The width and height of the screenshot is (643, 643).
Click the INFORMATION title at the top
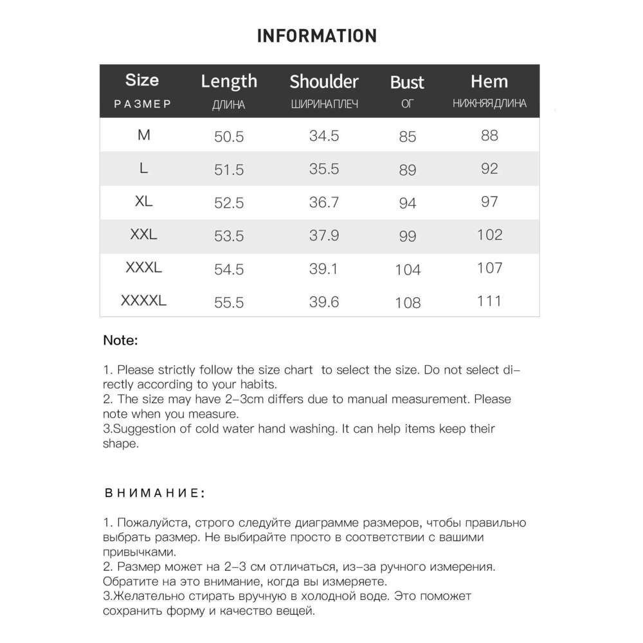(316, 35)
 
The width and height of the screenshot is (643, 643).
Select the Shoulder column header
(323, 82)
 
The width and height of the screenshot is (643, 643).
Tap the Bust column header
(407, 82)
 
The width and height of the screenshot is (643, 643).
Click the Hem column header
(489, 82)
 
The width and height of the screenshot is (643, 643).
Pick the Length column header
(229, 81)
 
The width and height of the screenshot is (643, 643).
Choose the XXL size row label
(143, 235)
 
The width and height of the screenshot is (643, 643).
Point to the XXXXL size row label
(143, 300)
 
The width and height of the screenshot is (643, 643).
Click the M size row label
(143, 135)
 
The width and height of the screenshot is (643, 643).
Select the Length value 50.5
(229, 136)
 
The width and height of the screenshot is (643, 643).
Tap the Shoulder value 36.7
(323, 202)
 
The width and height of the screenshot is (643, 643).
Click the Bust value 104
(408, 269)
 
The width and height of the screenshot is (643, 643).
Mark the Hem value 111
(489, 300)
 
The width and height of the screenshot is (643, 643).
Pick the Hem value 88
(489, 135)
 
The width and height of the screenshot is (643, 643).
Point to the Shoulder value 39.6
(323, 302)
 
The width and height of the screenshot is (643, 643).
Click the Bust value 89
(408, 170)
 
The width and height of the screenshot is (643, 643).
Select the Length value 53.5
(229, 236)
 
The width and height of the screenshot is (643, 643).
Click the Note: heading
(121, 341)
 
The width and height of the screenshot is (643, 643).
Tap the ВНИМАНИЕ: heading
(154, 494)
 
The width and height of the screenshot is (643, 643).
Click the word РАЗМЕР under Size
(143, 104)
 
